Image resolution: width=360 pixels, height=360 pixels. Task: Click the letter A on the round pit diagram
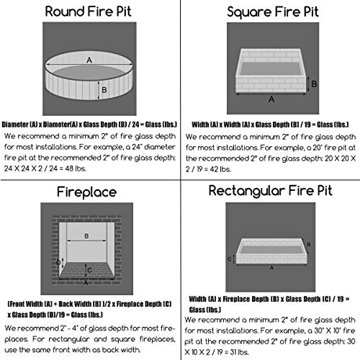[x=89, y=62]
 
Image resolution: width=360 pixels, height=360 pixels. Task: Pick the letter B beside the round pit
[x=105, y=90]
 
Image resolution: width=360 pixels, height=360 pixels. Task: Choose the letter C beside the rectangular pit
[x=230, y=258]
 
